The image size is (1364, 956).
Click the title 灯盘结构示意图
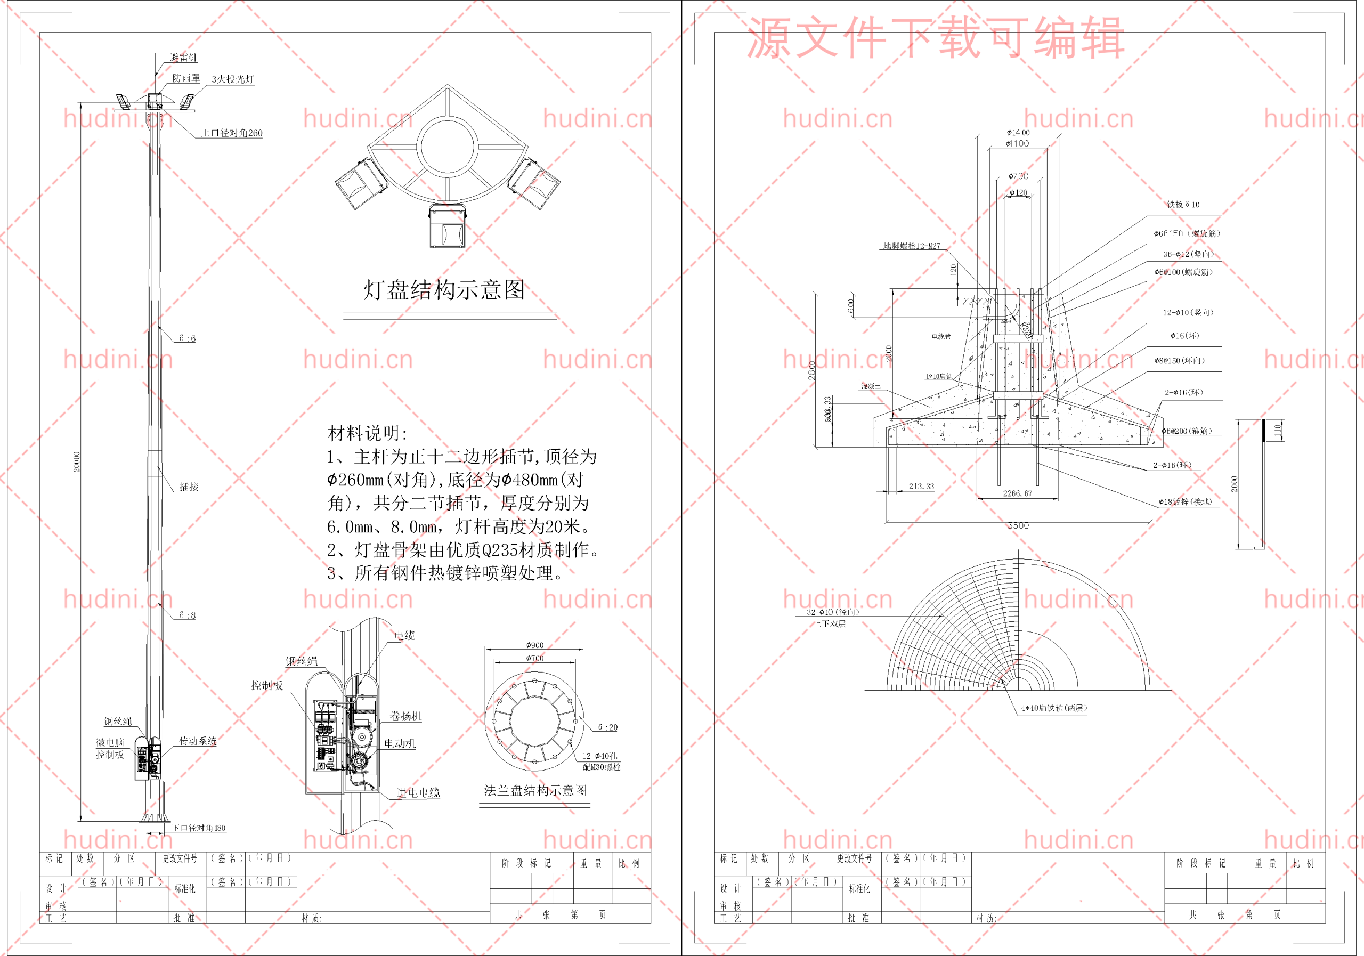[444, 290]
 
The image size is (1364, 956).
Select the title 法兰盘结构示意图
[535, 790]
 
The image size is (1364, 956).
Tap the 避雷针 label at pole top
[184, 58]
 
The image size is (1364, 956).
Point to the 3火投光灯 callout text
[233, 79]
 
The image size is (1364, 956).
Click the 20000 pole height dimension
[77, 462]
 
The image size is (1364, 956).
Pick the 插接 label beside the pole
[189, 487]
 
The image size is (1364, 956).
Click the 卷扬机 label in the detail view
[405, 716]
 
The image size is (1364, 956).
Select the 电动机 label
[400, 743]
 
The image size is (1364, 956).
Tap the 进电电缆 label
[418, 792]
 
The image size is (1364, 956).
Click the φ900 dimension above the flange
[534, 645]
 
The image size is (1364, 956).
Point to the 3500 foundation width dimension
[1018, 526]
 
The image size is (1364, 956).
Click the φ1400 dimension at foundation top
[1018, 133]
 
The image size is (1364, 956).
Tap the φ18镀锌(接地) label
[1184, 502]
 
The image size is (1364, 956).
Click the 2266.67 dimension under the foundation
[1017, 493]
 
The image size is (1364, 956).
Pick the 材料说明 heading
[368, 433]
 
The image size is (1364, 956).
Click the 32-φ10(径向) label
[832, 612]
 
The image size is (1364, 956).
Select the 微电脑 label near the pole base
[110, 742]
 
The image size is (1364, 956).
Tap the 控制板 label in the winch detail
[267, 686]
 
